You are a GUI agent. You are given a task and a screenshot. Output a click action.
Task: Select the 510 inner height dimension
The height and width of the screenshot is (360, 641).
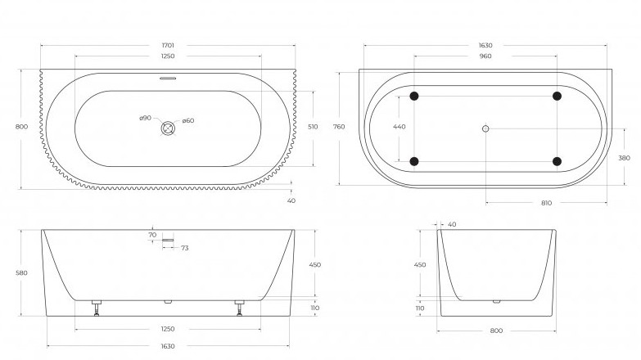312,128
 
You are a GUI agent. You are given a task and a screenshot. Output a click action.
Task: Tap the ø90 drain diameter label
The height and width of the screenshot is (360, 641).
145,119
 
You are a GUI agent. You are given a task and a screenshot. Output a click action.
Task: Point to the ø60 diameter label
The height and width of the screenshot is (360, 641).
187,121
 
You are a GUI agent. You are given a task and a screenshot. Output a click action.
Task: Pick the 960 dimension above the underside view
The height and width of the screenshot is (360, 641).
485,57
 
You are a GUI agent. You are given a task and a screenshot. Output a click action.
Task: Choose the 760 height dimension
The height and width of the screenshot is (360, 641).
338,127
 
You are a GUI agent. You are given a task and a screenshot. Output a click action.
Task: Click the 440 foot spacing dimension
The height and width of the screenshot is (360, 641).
399,128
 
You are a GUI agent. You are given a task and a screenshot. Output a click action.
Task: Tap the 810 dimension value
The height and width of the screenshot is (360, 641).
546,203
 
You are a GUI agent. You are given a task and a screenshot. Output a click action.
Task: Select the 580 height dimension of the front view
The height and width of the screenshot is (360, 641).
21,272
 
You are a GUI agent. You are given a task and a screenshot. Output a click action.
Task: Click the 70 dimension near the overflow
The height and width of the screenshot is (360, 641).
152,235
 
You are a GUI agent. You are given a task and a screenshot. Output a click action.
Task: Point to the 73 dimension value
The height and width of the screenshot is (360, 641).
185,247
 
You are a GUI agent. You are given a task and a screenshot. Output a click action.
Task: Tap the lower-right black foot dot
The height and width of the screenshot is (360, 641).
557,161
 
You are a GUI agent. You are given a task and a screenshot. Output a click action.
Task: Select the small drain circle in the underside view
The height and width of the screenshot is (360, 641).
485,128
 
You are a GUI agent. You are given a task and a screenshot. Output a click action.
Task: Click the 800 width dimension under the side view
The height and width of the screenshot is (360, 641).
496,331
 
